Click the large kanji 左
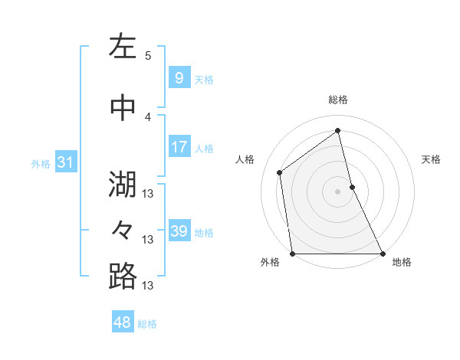pos(123,47)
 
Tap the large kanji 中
pos(123,108)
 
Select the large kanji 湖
pos(123,184)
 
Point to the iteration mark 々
pos(123,230)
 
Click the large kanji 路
pos(123,277)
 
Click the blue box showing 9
pos(179,78)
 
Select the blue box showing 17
pos(179,147)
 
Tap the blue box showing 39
pos(179,231)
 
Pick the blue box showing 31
pos(64,162)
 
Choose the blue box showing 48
pos(123,322)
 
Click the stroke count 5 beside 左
pos(148,55)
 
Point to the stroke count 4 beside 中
pos(148,116)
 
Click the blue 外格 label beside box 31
pos(41,163)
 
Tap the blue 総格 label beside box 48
pos(147,324)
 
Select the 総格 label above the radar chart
pos(337,100)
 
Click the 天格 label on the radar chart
pos(432,159)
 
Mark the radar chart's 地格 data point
pos(382,254)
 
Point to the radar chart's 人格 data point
pos(280,172)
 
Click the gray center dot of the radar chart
pos(337,191)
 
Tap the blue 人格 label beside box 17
pos(204,149)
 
